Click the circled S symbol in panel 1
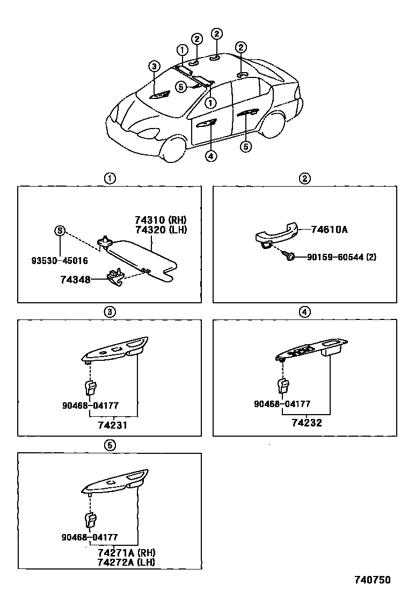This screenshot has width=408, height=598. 60,231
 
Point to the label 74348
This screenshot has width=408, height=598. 75,280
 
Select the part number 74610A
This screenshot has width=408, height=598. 330,230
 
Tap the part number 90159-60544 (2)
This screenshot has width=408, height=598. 341,257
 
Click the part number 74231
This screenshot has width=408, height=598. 113,425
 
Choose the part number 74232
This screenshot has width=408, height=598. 307,423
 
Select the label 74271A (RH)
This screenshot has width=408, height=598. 126,552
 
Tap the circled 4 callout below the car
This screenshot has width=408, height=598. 211,156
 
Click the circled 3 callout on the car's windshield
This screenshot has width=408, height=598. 154,67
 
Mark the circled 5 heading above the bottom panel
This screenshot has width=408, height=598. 110,445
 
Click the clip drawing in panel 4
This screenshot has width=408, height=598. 283,386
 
